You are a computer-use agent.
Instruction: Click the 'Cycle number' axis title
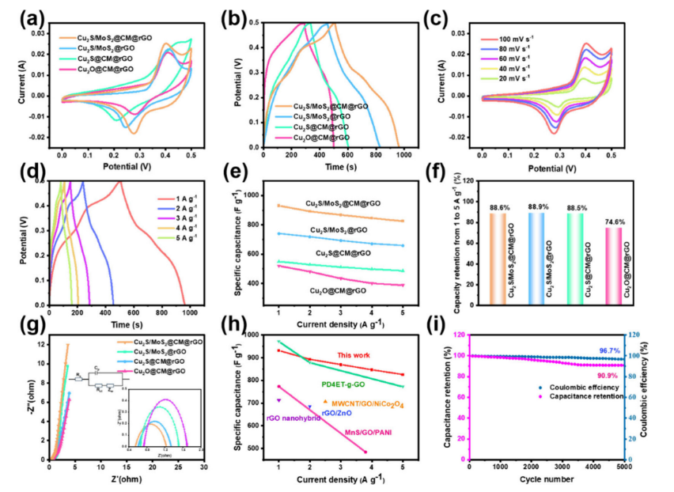[x=546, y=478]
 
